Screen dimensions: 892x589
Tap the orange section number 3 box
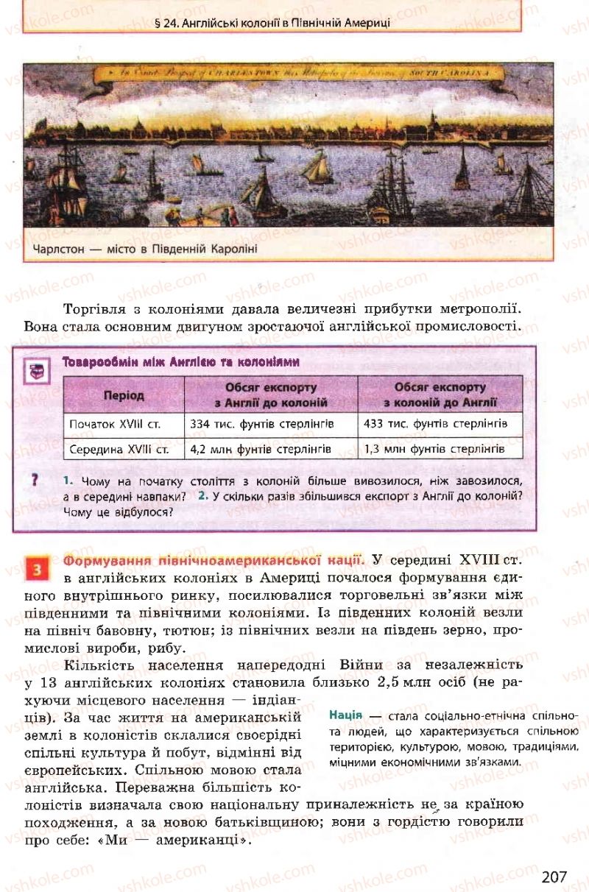point(36,569)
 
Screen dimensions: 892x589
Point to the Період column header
point(124,395)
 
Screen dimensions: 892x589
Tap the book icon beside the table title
point(37,370)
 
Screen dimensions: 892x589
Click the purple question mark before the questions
point(35,480)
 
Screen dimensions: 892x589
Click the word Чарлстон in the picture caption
point(60,249)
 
